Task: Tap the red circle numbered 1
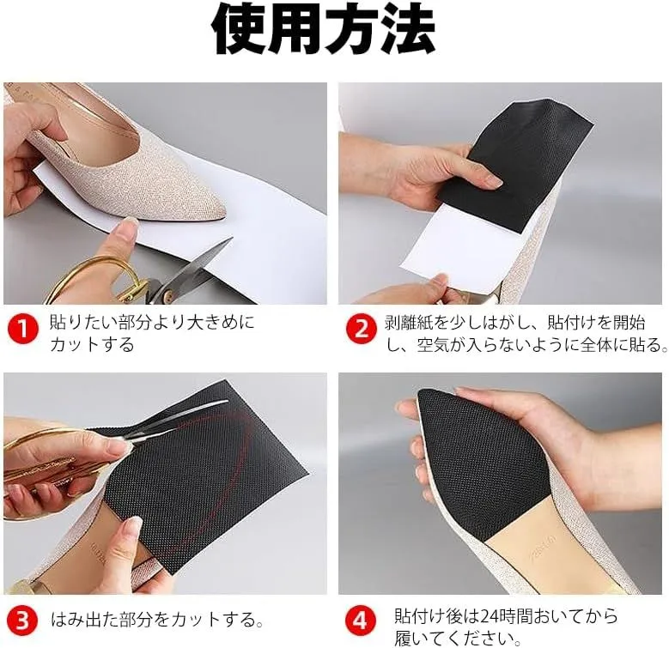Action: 22,329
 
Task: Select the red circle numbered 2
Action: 361,329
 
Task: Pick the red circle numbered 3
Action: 22,620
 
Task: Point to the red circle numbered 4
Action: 361,620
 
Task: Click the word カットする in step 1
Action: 92,344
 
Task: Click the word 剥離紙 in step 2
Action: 410,323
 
